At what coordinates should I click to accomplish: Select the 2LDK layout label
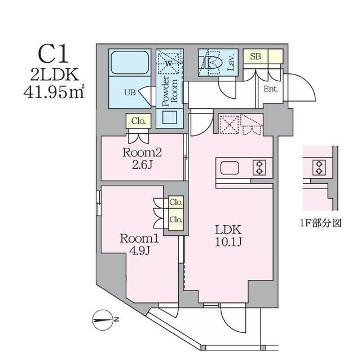pyautogui.click(x=55, y=74)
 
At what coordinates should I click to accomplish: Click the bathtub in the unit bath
pyautogui.click(x=130, y=63)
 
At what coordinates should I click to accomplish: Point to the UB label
pyautogui.click(x=130, y=93)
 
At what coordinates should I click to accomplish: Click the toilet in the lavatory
pyautogui.click(x=213, y=62)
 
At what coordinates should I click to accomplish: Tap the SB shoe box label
pyautogui.click(x=256, y=56)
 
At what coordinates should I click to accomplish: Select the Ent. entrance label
pyautogui.click(x=271, y=89)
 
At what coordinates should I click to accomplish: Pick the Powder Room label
pyautogui.click(x=170, y=91)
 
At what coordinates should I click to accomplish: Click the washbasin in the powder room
pyautogui.click(x=170, y=117)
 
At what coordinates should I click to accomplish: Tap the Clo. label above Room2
pyautogui.click(x=139, y=121)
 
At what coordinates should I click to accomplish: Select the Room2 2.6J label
pyautogui.click(x=142, y=159)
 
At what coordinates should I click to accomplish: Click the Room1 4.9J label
pyautogui.click(x=139, y=244)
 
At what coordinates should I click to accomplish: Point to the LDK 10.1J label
pyautogui.click(x=228, y=235)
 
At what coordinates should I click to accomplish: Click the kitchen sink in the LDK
pyautogui.click(x=230, y=168)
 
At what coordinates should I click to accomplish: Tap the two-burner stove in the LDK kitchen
pyautogui.click(x=259, y=168)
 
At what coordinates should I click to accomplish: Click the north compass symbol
pyautogui.click(x=103, y=320)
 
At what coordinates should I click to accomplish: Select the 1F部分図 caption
pyautogui.click(x=320, y=223)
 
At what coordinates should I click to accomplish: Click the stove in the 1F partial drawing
pyautogui.click(x=319, y=168)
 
